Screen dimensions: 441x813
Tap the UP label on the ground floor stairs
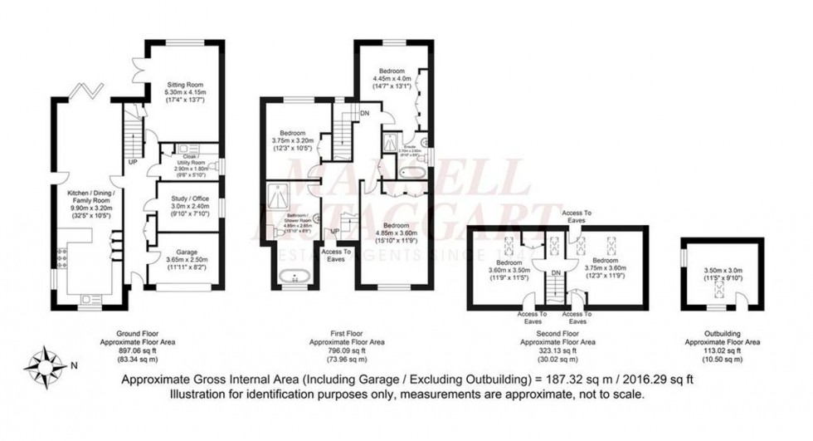pos(133,162)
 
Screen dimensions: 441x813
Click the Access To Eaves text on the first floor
pos(335,254)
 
